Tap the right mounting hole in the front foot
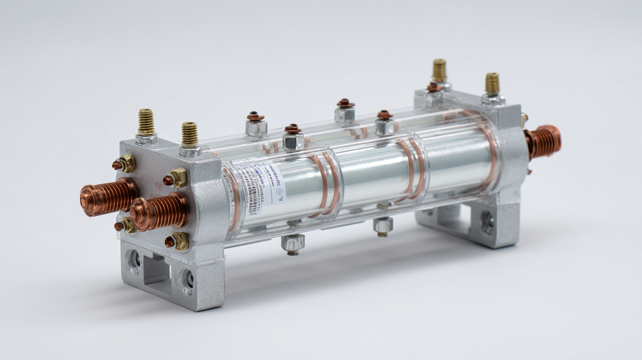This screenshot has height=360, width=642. [x=189, y=279]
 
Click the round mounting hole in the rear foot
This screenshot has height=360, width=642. [x=487, y=223]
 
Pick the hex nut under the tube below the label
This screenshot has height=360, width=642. [x=293, y=243]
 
